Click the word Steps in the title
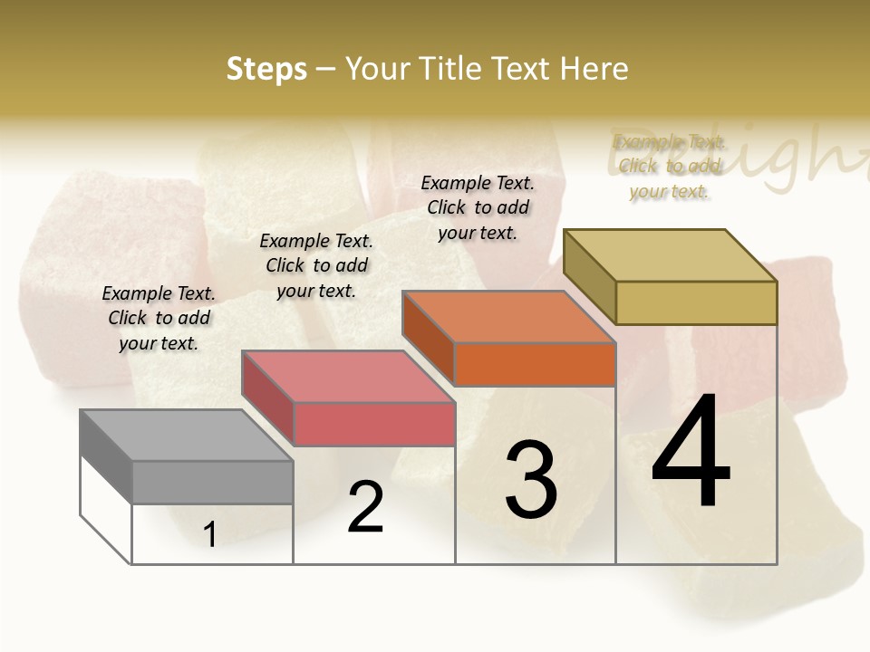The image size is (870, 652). click(x=266, y=70)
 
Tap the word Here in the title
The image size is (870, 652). click(x=593, y=70)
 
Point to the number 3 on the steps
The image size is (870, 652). click(x=530, y=479)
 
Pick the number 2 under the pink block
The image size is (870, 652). click(x=366, y=507)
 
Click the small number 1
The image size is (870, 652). click(x=210, y=534)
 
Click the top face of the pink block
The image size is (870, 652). click(x=347, y=377)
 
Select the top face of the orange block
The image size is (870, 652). click(x=508, y=317)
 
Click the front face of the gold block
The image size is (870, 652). click(x=696, y=302)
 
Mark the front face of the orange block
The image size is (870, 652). click(x=535, y=364)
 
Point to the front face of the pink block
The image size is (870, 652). click(x=373, y=425)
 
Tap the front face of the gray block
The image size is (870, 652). click(x=212, y=482)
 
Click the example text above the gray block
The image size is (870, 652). click(x=159, y=318)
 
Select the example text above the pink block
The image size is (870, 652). click(x=316, y=265)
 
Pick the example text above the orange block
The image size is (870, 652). click(x=478, y=207)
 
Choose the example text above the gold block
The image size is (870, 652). click(x=669, y=167)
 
